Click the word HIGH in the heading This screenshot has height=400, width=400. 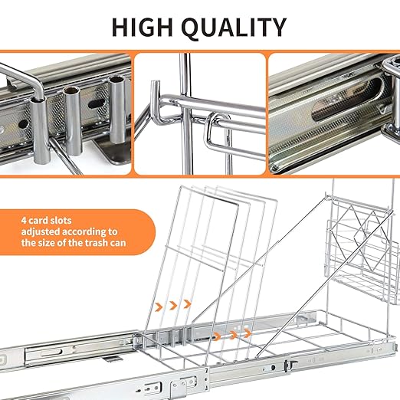click(143, 28)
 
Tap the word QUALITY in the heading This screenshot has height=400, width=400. click(234, 28)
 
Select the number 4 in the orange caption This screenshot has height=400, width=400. click(24, 220)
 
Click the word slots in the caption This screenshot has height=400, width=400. click(61, 220)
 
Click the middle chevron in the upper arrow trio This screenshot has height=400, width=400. click(173, 305)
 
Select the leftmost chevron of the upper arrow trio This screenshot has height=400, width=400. click(159, 307)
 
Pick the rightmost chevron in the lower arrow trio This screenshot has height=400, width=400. click(247, 333)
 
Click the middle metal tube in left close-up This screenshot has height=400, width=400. click(73, 120)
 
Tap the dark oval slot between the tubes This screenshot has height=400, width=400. click(97, 103)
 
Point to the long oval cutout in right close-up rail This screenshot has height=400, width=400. click(347, 100)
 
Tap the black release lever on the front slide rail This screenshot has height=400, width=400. click(289, 365)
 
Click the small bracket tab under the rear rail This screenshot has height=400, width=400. click(113, 359)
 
